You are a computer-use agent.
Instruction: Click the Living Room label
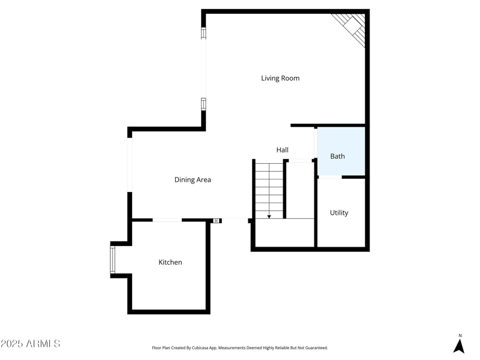pyautogui.click(x=280, y=78)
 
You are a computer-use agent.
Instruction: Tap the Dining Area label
pyautogui.click(x=193, y=179)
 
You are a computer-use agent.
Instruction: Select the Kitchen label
pyautogui.click(x=170, y=262)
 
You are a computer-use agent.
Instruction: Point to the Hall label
pyautogui.click(x=283, y=149)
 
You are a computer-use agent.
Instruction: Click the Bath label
pyautogui.click(x=338, y=156)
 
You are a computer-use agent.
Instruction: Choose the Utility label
pyautogui.click(x=339, y=212)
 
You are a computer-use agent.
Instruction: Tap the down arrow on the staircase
pyautogui.click(x=269, y=215)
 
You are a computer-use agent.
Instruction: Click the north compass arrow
pyautogui.click(x=460, y=346)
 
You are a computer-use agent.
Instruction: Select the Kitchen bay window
pyautogui.click(x=112, y=260)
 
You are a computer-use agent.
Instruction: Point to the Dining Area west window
pyautogui.click(x=129, y=164)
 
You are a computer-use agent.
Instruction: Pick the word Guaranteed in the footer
pyautogui.click(x=314, y=347)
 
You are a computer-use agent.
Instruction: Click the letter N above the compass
pyautogui.click(x=460, y=335)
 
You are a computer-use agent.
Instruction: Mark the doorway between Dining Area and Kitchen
pyautogui.click(x=167, y=220)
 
